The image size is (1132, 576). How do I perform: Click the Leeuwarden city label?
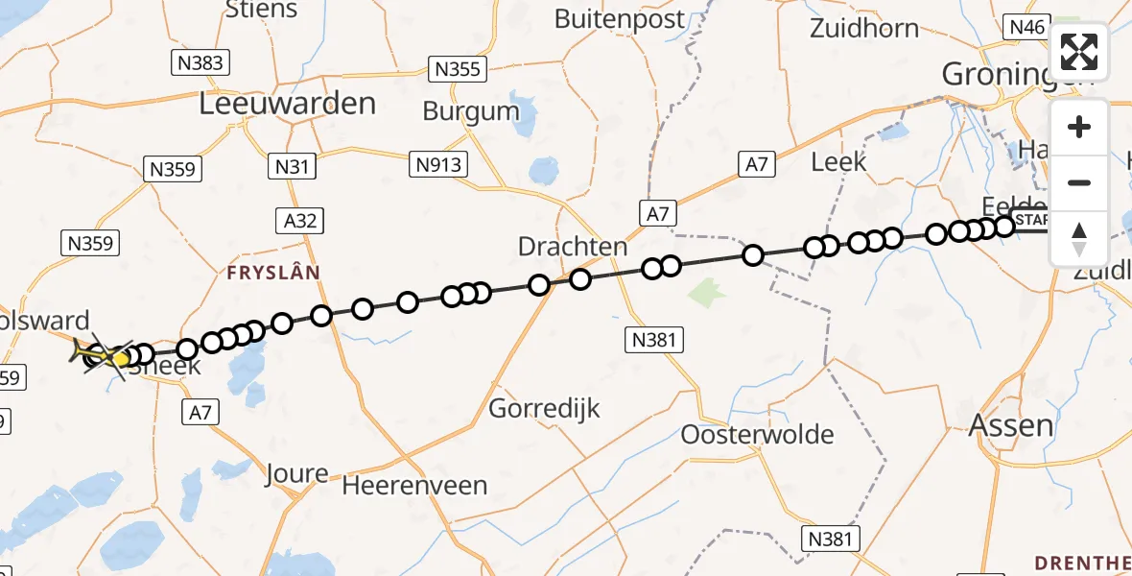point(287,104)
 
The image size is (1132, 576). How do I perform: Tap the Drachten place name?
point(573,247)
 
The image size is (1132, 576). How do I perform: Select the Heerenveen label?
point(414,485)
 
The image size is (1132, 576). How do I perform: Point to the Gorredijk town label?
point(544,409)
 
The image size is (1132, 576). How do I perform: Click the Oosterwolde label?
point(757,434)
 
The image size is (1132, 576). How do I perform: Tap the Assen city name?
point(1011,424)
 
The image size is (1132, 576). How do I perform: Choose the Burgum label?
point(471,111)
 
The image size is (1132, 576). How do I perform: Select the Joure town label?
point(297,473)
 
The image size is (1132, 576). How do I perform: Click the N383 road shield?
point(200,63)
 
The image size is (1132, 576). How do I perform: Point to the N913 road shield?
point(438,164)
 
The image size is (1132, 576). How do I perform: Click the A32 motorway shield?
point(300,220)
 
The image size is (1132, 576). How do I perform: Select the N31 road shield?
point(292,166)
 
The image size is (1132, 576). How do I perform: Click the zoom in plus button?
point(1079,127)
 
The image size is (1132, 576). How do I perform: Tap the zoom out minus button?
point(1079,182)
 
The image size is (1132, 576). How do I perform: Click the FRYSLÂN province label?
point(273,273)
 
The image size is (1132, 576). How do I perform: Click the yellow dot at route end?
point(121,359)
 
